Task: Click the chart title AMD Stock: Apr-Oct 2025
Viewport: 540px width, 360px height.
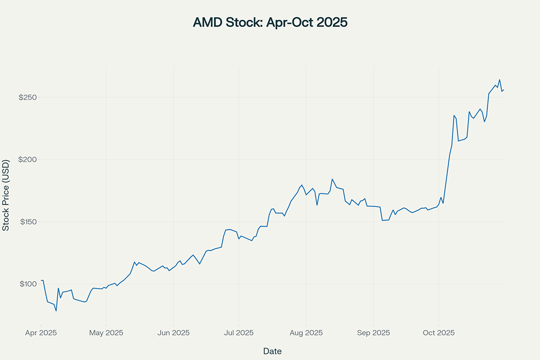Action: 270,22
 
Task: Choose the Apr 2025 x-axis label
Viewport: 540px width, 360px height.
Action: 40,333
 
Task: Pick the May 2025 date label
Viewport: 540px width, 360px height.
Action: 106,333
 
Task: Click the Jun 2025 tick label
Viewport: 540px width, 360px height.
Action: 174,333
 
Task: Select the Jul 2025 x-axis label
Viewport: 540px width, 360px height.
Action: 238,333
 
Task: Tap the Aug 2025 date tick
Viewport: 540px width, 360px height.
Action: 306,333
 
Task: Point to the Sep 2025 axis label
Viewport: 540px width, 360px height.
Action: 373,333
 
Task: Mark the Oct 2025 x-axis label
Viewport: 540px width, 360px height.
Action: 439,333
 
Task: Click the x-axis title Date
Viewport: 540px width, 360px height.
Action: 272,351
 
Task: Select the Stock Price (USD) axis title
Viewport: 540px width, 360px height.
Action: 6,195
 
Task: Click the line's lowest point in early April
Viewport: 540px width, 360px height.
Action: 56,311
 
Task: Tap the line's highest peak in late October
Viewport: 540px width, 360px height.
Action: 499,80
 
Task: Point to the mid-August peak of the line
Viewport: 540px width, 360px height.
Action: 332,179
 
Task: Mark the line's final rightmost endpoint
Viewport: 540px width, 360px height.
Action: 504,90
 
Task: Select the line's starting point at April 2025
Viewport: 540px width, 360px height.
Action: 41,280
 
